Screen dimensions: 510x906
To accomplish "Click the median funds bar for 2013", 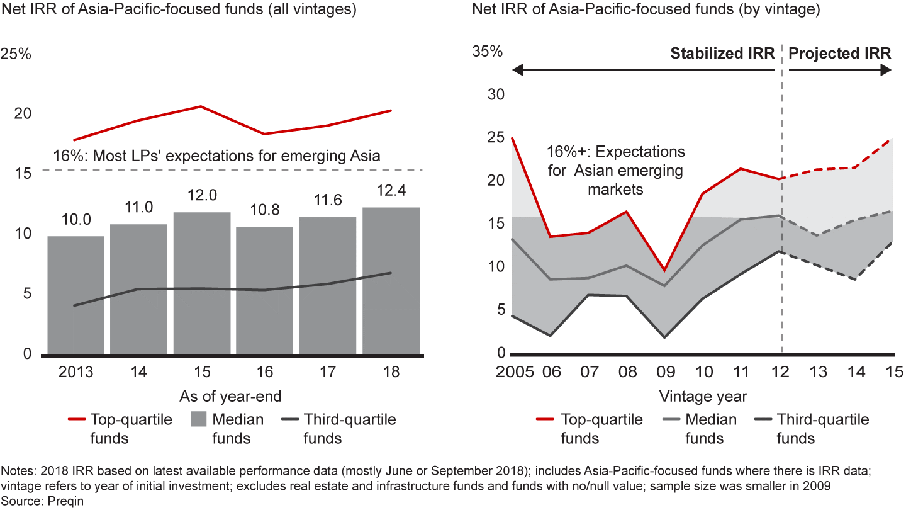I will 75,296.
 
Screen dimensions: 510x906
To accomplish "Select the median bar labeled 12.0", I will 201,283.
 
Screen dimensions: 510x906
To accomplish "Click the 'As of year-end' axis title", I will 230,396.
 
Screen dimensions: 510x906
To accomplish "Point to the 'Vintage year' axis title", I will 703,396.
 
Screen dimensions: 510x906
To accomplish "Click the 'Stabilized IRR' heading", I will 722,54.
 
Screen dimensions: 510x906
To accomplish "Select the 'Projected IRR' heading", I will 839,54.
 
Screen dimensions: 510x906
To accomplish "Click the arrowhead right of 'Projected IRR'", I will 886,71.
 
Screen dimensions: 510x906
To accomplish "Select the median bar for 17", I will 327,286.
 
